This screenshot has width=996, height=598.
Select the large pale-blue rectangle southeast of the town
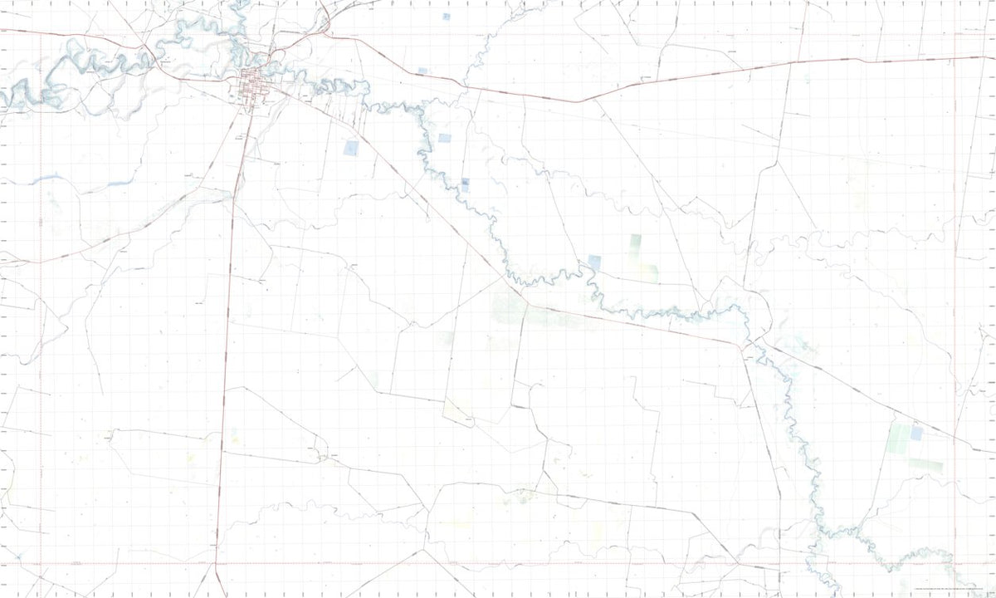[x=351, y=149]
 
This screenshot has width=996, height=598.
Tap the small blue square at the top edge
[x=446, y=16]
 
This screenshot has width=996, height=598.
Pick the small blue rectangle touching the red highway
[x=422, y=71]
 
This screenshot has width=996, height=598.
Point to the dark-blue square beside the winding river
[x=466, y=183]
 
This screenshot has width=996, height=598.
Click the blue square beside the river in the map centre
[x=594, y=262]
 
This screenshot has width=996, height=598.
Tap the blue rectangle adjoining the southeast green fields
[x=916, y=433]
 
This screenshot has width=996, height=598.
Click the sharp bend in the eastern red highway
[x=579, y=101]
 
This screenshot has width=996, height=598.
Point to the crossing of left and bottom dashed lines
[x=41, y=563]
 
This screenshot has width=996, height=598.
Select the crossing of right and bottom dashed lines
[x=954, y=563]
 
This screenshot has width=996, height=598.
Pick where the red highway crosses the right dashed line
[x=954, y=58]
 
